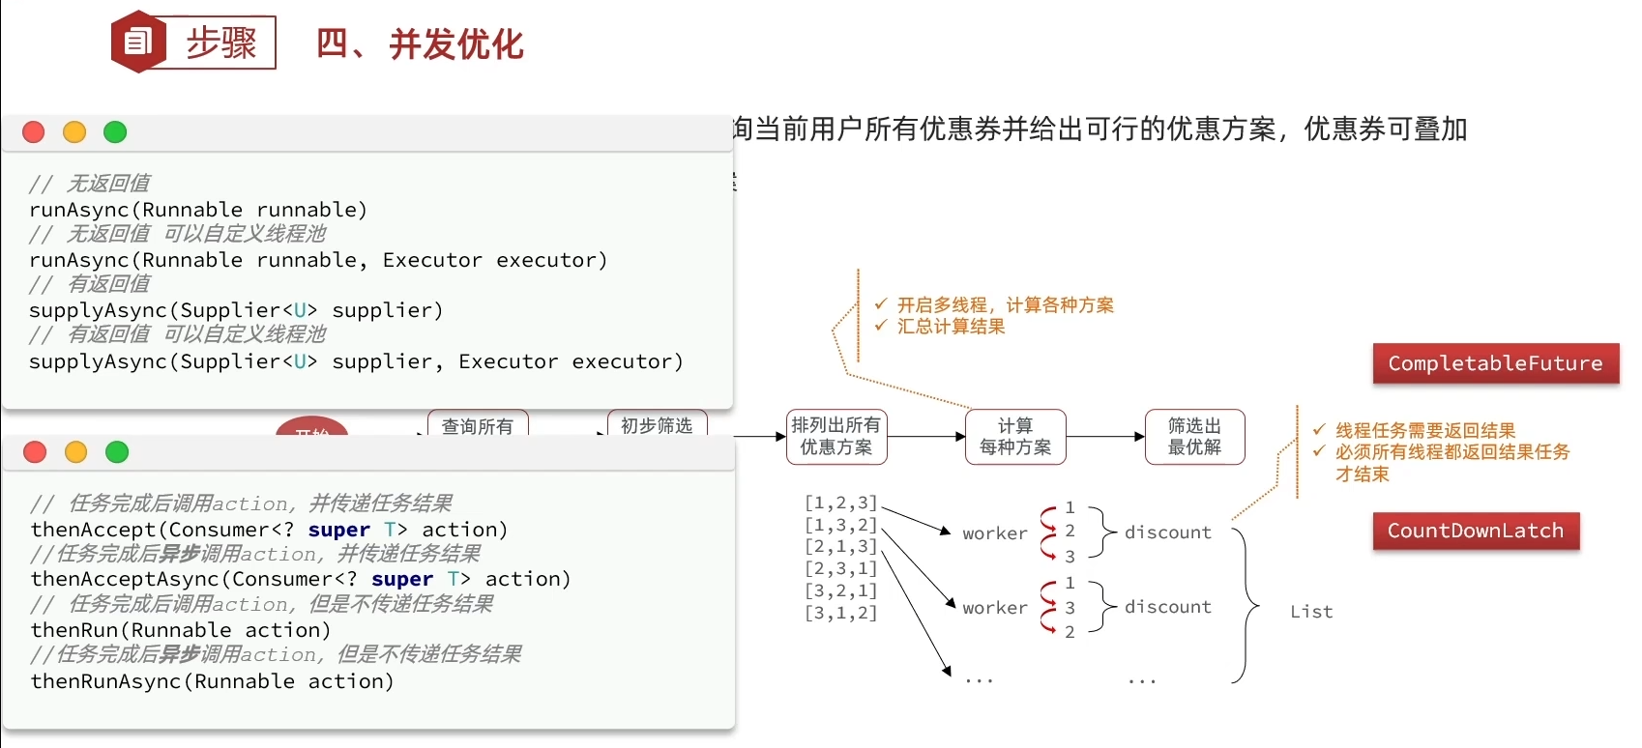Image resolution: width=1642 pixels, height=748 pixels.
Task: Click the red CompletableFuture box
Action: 1495,363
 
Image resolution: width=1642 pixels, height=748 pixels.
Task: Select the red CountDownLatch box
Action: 1476,531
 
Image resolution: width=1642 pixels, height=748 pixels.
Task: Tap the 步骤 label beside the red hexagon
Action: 221,43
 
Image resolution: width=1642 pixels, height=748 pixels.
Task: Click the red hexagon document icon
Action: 138,42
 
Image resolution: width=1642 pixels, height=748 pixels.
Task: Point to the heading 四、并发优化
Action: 420,44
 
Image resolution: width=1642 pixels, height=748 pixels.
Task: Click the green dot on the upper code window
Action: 115,132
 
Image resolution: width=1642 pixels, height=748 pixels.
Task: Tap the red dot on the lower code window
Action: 35,452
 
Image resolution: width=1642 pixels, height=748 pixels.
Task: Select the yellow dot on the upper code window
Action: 74,132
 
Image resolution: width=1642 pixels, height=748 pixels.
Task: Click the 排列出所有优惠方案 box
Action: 836,437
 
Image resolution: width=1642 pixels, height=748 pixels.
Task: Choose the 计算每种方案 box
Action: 1015,437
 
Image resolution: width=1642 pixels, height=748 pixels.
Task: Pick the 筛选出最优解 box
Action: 1194,437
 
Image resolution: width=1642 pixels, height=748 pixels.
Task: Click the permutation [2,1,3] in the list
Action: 840,547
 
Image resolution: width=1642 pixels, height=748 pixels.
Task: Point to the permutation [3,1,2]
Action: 840,613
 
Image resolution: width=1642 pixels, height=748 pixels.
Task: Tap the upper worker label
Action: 995,533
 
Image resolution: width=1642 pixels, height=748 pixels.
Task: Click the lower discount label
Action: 1168,607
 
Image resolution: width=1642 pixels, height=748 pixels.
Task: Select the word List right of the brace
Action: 1311,612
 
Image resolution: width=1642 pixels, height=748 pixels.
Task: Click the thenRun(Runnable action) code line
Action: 181,630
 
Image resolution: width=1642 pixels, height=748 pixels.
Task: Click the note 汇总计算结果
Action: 951,327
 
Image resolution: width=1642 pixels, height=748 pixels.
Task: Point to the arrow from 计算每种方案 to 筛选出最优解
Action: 1104,437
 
